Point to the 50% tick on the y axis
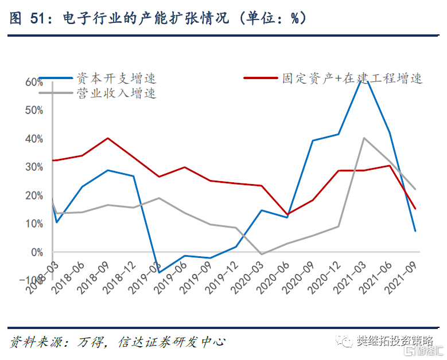click(x=34, y=110)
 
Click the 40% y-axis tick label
click(x=34, y=139)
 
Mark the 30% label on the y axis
click(x=34, y=167)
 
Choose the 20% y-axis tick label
click(x=34, y=195)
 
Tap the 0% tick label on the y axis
click(x=36, y=252)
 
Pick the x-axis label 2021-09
click(x=402, y=276)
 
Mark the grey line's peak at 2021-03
click(x=363, y=138)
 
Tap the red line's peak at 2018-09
click(x=108, y=138)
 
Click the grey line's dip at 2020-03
click(x=261, y=254)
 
